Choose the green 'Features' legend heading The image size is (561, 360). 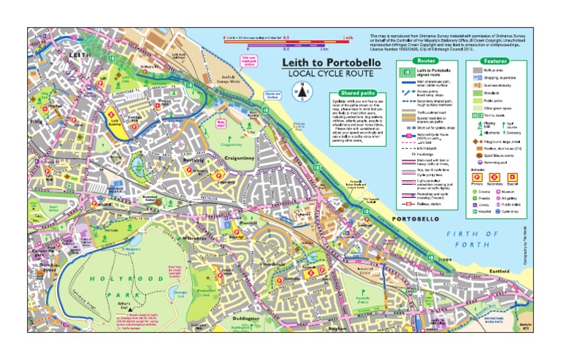point(495,61)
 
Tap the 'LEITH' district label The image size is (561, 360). point(78,55)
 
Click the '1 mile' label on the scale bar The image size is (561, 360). point(347,37)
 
